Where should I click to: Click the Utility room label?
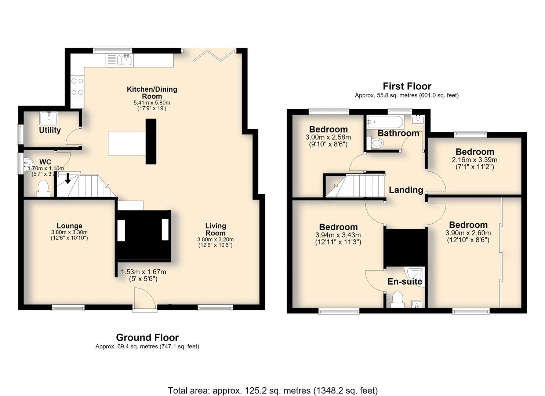(50, 130)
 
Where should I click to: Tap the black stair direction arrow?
(68, 179)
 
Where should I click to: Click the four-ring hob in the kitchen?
(77, 86)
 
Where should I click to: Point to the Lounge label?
(70, 226)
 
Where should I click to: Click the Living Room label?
(215, 229)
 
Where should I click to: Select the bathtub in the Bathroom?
(385, 122)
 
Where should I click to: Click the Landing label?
(406, 190)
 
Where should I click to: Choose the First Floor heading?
(407, 86)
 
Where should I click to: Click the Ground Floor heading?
(148, 337)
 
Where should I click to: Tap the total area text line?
(273, 384)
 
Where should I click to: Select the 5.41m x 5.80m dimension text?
(152, 103)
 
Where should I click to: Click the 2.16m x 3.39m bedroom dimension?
(475, 160)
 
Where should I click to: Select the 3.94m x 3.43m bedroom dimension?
(338, 235)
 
